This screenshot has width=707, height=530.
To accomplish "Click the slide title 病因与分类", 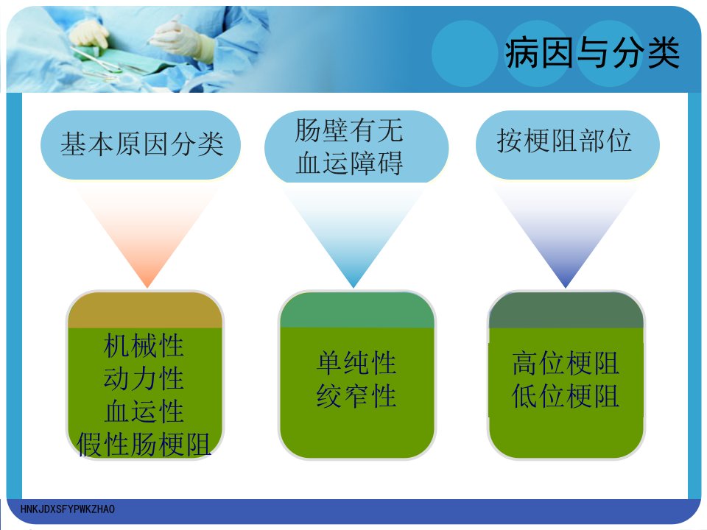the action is tap(592, 53).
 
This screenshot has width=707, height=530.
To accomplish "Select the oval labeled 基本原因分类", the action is tap(141, 145).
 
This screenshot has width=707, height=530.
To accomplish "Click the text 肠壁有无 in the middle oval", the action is tap(348, 130).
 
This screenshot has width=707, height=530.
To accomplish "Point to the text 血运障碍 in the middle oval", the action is tap(349, 163).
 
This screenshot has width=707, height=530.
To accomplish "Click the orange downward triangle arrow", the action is tap(147, 234).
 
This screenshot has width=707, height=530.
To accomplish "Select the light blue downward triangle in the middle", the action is tap(354, 234).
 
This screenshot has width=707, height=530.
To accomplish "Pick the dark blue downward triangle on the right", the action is tap(566, 234).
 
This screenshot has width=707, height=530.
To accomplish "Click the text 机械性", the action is tap(144, 346).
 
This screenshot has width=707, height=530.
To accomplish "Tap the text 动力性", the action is tap(144, 378).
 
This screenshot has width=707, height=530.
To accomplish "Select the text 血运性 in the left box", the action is tap(144, 411).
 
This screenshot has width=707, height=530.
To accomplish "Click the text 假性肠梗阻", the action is tap(144, 445).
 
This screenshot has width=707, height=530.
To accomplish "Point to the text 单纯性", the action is tap(356, 363).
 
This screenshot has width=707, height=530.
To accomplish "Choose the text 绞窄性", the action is tap(356, 396).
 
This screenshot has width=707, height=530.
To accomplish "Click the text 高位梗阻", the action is tap(566, 363).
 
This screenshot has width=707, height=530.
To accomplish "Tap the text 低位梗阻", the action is tap(566, 396).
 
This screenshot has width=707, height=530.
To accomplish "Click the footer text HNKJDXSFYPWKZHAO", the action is tap(68, 509).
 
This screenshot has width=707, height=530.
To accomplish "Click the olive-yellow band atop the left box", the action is tap(145, 310).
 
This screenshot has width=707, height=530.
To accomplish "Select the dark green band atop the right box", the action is tap(566, 310).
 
